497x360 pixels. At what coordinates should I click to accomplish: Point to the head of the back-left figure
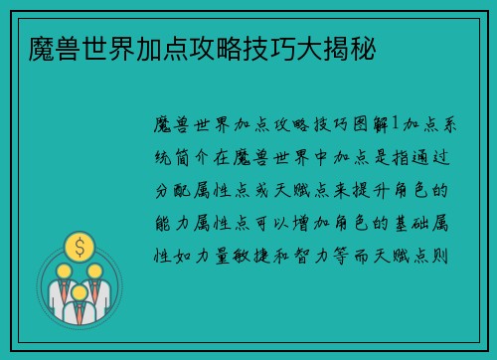pyautogui.click(x=64, y=270)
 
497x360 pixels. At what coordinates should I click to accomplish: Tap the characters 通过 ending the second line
pyautogui.click(x=439, y=157)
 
